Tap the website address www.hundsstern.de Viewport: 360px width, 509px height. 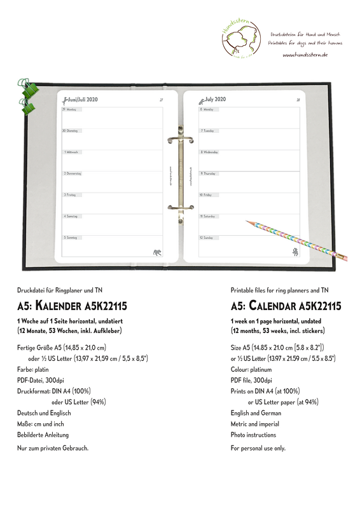click(305, 55)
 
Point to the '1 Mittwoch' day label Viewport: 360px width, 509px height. click(71, 153)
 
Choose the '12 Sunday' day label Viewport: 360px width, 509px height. click(207, 238)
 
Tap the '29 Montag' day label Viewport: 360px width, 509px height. click(70, 110)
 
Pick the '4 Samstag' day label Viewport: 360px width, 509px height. click(71, 216)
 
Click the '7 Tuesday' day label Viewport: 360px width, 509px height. click(207, 130)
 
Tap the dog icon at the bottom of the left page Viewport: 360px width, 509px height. click(156, 253)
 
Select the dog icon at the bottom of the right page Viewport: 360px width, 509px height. click(296, 253)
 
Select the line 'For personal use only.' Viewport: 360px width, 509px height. click(258, 448)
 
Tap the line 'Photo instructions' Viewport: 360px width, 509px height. click(253, 435)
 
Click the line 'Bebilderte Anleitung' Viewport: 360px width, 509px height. click(43, 435)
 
